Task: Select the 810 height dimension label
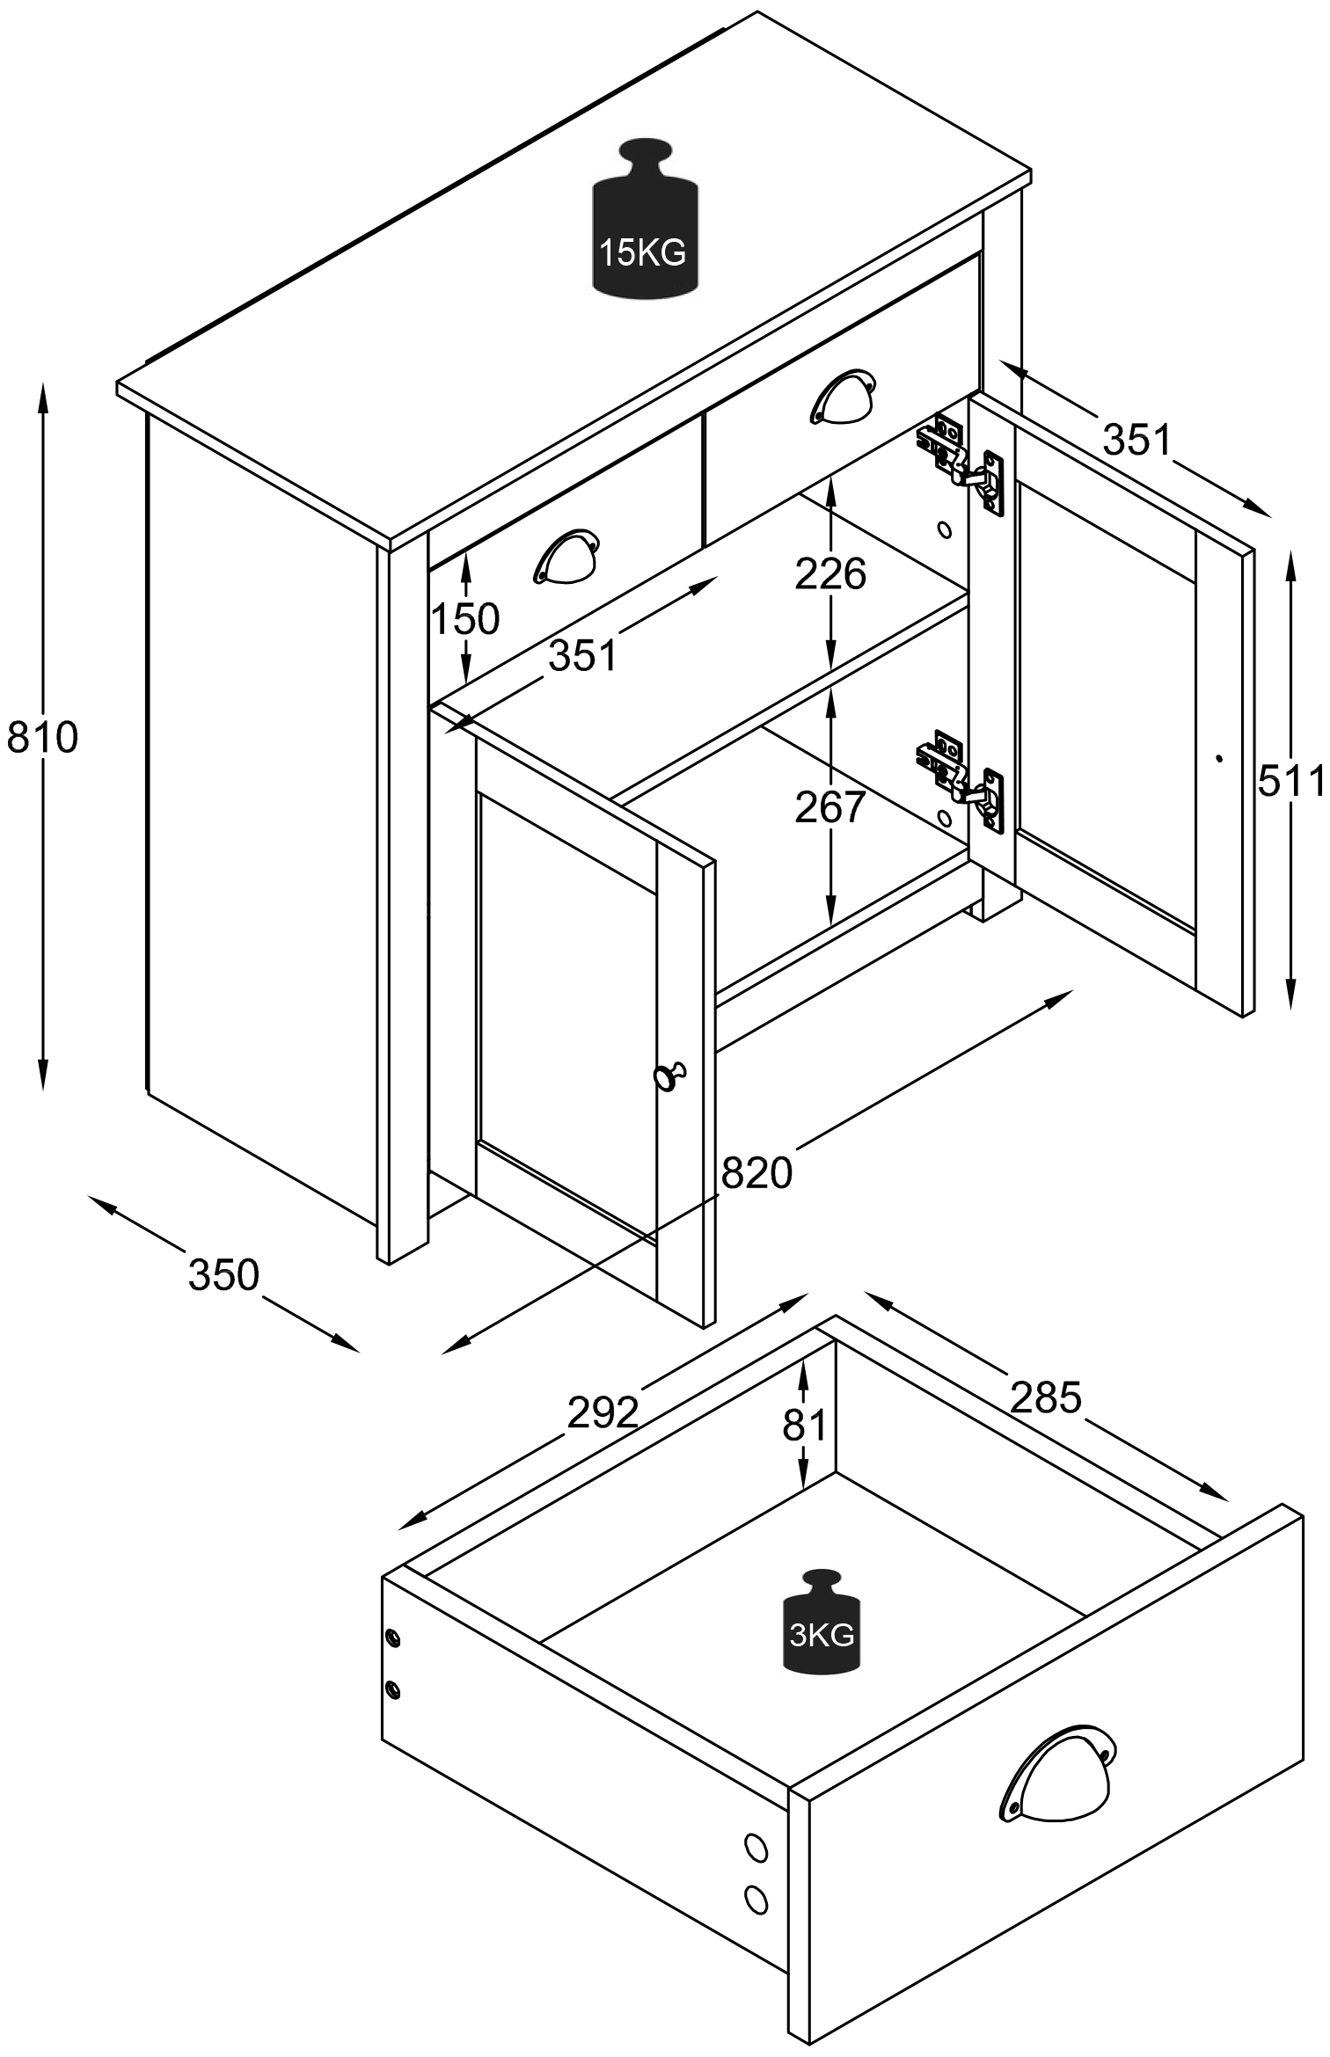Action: pos(42,737)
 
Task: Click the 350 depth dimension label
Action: pos(224,1275)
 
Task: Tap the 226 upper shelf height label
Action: pos(830,574)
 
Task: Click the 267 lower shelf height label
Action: pos(830,807)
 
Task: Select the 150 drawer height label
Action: pos(465,619)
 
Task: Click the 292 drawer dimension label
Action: pos(603,1413)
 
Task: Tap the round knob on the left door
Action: pos(669,1075)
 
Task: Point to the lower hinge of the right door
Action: pos(961,778)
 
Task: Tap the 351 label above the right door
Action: pos(1137,440)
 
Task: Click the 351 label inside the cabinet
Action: pos(583,655)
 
